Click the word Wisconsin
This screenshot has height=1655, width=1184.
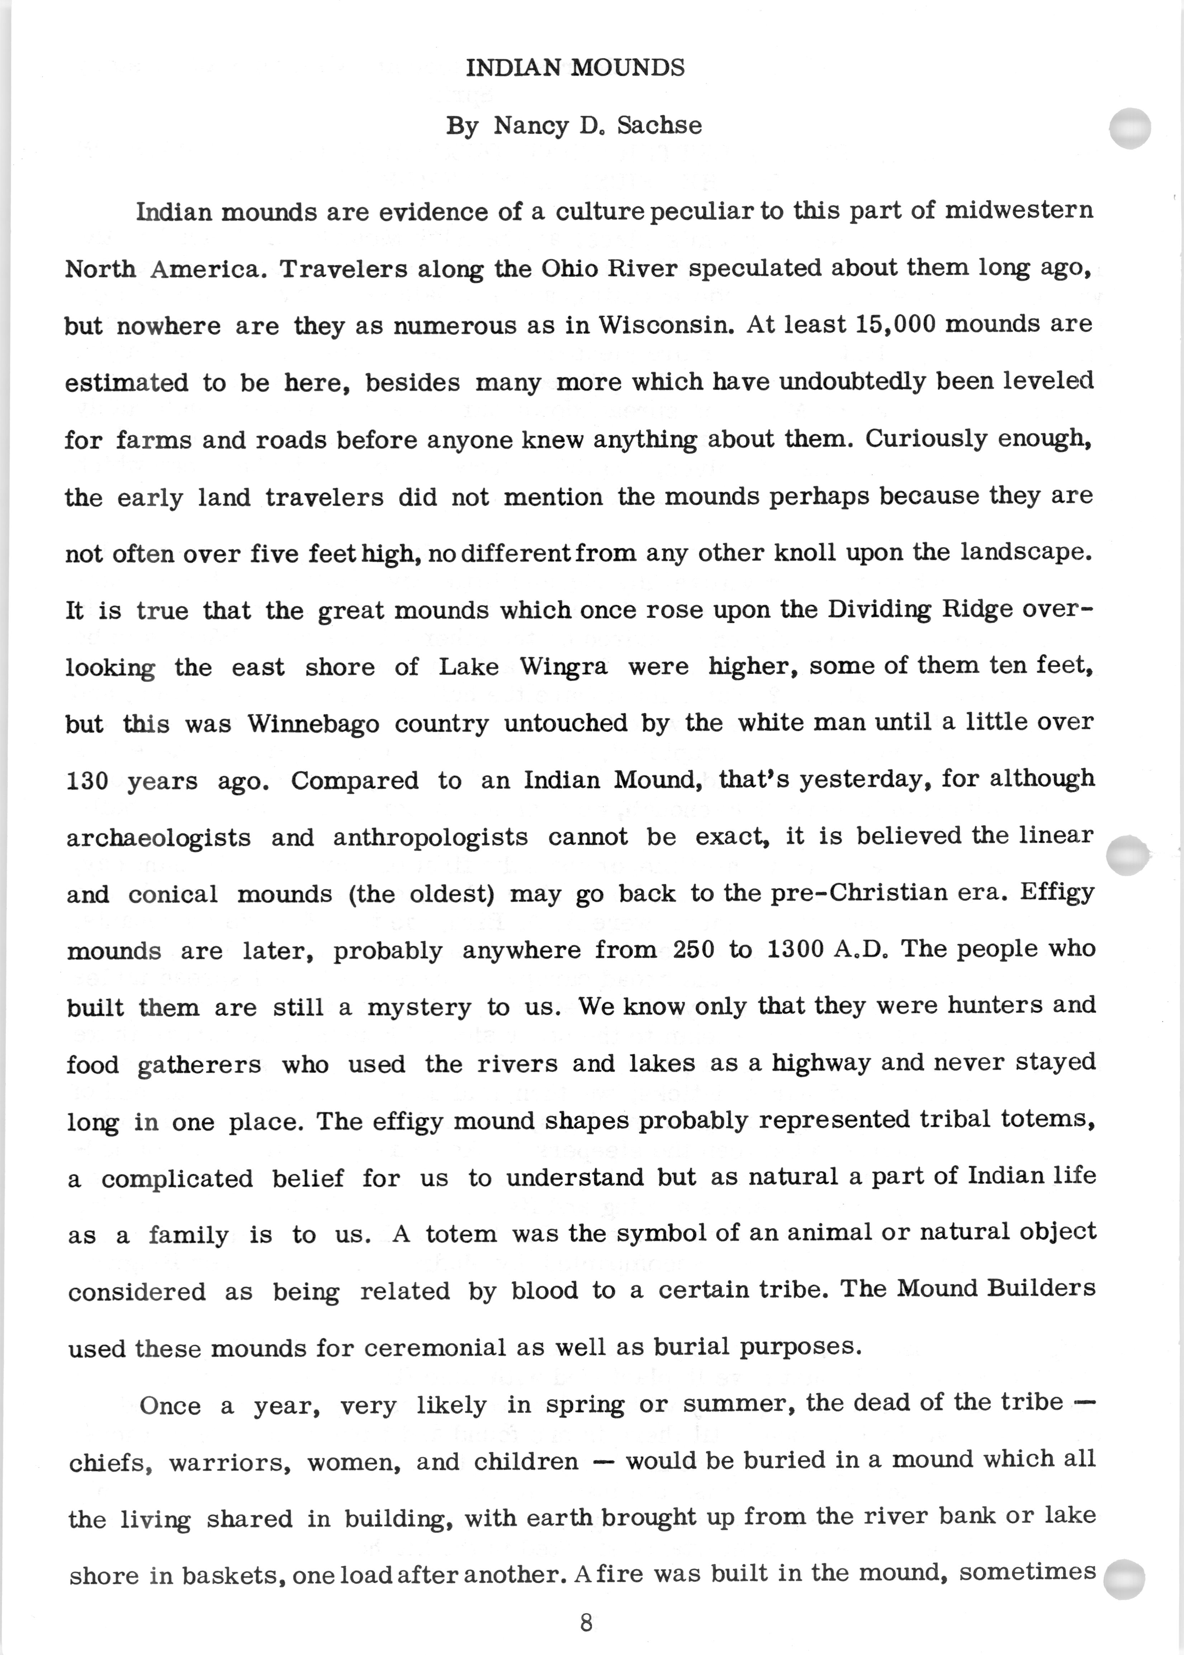[666, 325]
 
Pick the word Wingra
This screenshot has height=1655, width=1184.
[564, 667]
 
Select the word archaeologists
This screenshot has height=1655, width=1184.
[158, 837]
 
